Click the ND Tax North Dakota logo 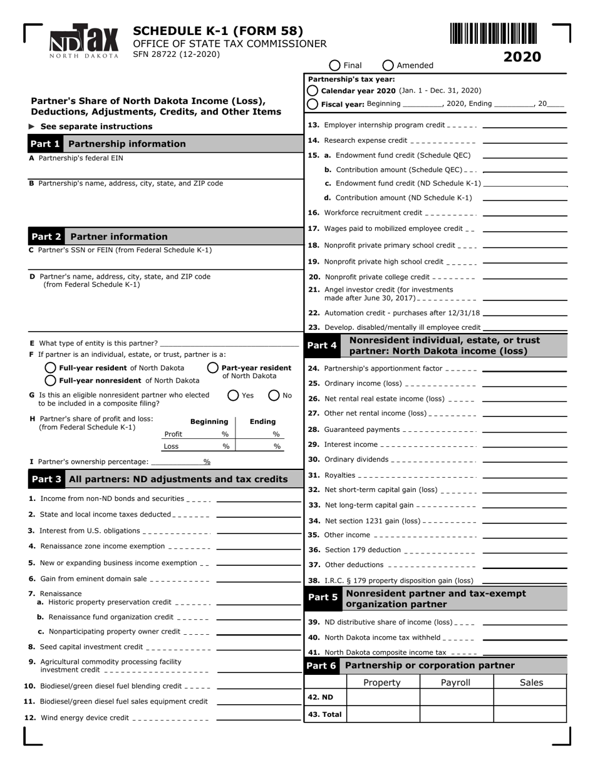(84, 41)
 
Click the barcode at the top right (493, 33)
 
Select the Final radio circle (334, 65)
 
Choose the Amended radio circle (388, 65)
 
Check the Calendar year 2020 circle (313, 91)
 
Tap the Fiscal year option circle (313, 104)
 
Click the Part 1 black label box (45, 144)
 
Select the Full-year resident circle (51, 368)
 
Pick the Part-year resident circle (213, 368)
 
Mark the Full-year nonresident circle (51, 381)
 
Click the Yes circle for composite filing (233, 395)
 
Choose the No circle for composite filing (274, 395)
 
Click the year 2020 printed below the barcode (522, 57)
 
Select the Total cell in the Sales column (530, 714)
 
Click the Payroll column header (455, 682)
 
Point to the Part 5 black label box (323, 598)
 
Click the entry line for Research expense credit (524, 141)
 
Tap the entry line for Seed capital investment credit (257, 648)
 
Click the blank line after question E (229, 344)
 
